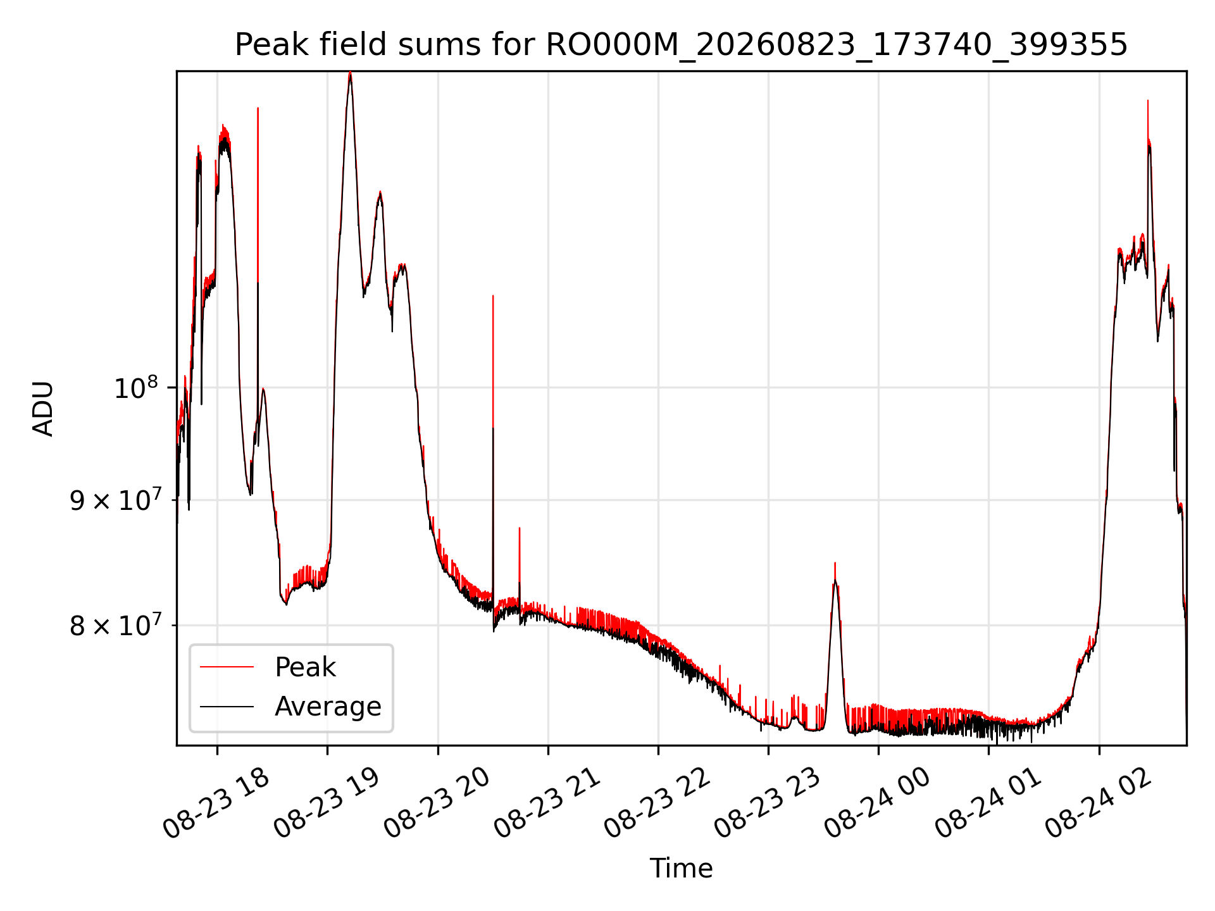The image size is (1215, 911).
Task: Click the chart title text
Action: [x=681, y=45]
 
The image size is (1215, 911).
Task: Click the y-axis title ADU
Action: [x=43, y=409]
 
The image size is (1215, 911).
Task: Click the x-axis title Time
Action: [x=681, y=869]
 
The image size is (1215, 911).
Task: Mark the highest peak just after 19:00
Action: [x=350, y=73]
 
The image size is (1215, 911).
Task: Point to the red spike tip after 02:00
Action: [x=1148, y=101]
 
